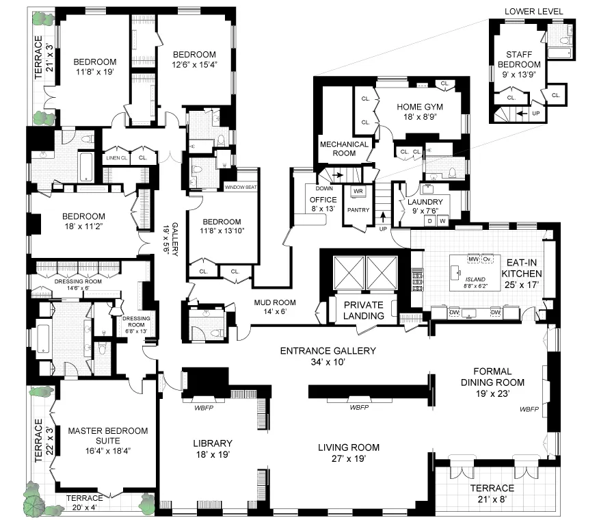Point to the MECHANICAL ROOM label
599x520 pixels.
345,148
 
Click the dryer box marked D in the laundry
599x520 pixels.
431,221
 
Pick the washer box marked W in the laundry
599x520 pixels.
442,221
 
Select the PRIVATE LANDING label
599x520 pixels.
363,309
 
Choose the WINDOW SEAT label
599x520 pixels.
240,186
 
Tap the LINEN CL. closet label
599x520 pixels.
117,158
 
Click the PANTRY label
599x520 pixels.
359,210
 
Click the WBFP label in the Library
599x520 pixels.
204,407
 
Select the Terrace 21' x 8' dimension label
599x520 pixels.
492,499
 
